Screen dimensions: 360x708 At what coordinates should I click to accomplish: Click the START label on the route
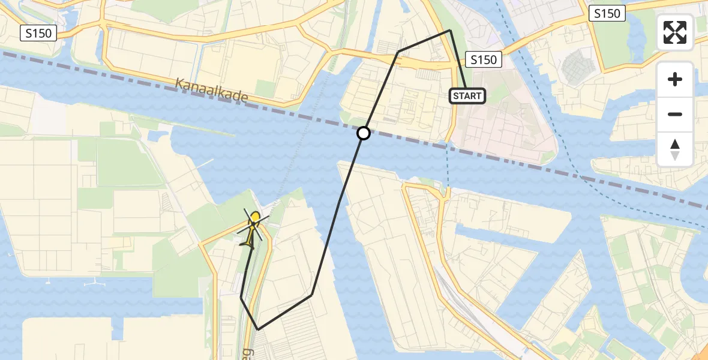click(x=467, y=96)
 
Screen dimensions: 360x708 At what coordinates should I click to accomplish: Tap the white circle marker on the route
click(x=363, y=133)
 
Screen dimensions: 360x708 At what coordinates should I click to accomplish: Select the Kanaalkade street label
click(x=211, y=92)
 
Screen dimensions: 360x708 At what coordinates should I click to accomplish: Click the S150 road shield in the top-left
click(x=39, y=34)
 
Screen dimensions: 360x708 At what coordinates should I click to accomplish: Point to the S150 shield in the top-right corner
click(x=607, y=13)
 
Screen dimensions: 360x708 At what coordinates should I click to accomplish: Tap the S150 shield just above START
click(x=484, y=59)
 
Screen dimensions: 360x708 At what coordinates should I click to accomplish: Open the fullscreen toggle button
click(x=675, y=32)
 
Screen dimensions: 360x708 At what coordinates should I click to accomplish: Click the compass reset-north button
click(x=675, y=149)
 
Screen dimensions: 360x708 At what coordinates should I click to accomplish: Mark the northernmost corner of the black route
click(x=450, y=30)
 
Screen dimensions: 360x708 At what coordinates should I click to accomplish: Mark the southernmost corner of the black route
click(x=258, y=329)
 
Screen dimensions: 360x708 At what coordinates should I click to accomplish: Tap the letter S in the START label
click(x=456, y=96)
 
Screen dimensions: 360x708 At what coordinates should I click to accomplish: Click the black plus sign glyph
click(x=675, y=79)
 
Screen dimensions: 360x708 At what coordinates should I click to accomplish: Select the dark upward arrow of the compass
click(x=675, y=144)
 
